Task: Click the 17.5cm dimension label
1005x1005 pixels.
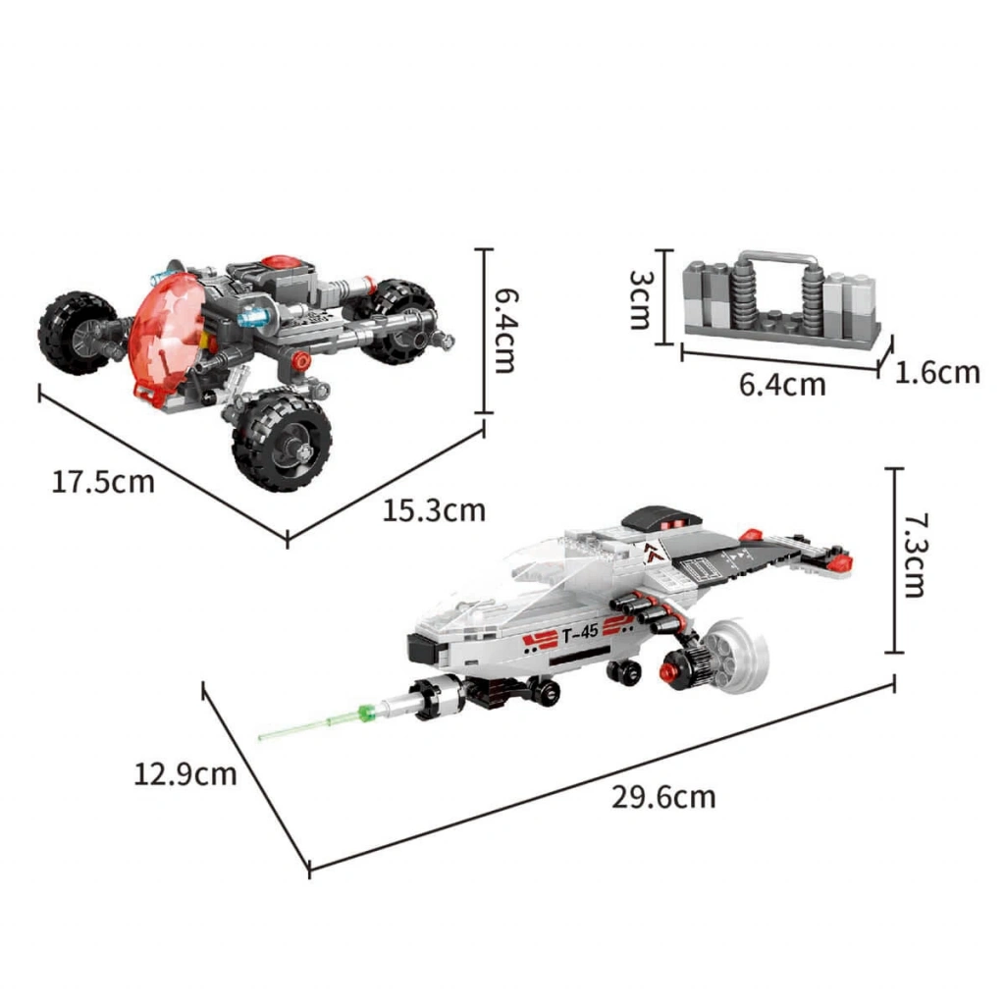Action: coord(102,481)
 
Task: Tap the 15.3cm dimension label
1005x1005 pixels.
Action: coord(434,510)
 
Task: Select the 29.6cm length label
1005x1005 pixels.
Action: coord(663,797)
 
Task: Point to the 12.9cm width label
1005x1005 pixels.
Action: coord(185,773)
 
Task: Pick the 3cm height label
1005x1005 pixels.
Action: coord(640,299)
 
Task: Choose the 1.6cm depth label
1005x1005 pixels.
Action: coord(937,372)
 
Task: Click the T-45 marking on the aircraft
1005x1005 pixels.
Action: coord(580,633)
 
